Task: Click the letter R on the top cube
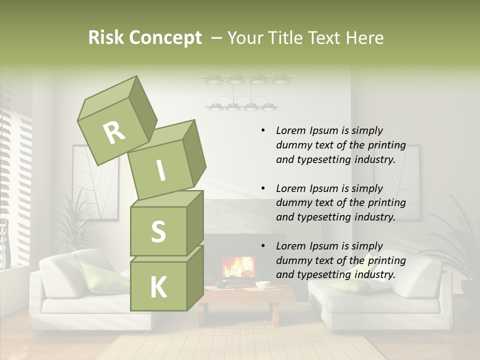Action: (x=114, y=132)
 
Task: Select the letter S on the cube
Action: (x=158, y=231)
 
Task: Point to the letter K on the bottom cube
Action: (x=158, y=287)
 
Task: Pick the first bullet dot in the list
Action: (x=263, y=130)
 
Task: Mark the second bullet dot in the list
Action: (x=263, y=188)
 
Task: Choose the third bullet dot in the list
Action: (x=263, y=246)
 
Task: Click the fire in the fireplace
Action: (x=238, y=266)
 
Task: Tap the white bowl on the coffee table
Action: (x=262, y=285)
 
